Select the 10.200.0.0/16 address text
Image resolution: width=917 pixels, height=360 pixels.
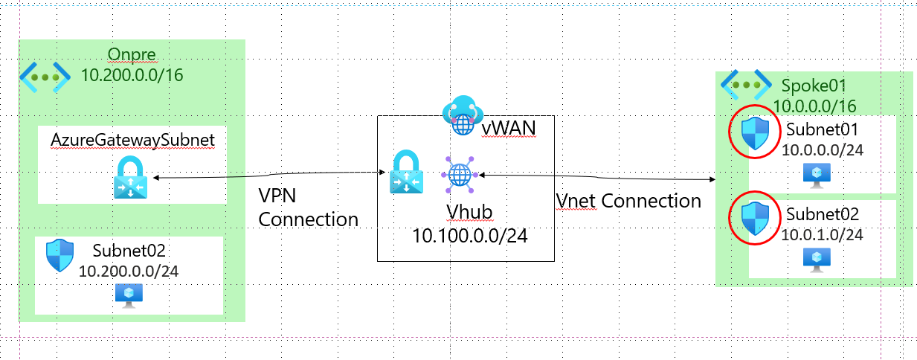tap(132, 75)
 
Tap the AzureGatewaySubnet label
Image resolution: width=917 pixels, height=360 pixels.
tap(132, 141)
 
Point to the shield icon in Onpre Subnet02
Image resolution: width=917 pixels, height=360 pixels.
tap(59, 255)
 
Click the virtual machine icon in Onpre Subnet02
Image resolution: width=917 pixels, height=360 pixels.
tap(129, 295)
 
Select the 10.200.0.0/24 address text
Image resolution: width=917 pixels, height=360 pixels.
tap(129, 271)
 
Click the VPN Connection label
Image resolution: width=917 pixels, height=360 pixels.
tap(308, 208)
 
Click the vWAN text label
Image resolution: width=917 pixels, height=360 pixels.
tap(508, 129)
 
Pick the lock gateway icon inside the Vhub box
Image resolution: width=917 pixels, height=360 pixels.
tap(408, 173)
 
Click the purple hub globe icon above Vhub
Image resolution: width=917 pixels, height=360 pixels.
tap(459, 175)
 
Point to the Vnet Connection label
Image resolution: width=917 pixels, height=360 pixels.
tap(628, 201)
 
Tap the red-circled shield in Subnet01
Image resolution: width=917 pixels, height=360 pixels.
tap(756, 133)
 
